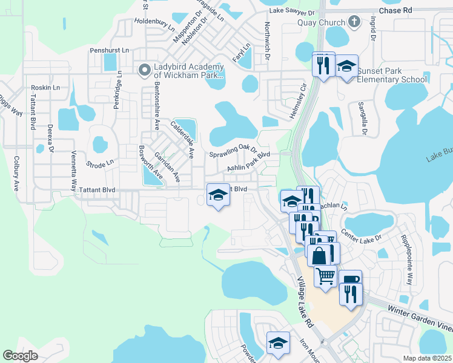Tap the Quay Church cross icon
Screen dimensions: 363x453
tap(355, 22)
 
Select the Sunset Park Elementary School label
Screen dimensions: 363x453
tap(392, 75)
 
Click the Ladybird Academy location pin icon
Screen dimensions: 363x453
tap(144, 70)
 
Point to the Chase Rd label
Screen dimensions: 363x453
tap(395, 11)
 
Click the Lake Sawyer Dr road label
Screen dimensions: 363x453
tap(292, 12)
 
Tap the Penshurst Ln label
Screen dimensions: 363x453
tap(109, 50)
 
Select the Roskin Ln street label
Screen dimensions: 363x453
tap(45, 88)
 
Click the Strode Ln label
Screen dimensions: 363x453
tap(100, 163)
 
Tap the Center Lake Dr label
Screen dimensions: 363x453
tap(362, 237)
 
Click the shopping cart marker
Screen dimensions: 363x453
tap(326, 276)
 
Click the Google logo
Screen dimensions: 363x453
tap(20, 355)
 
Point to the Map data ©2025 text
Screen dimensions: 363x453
tap(428, 358)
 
